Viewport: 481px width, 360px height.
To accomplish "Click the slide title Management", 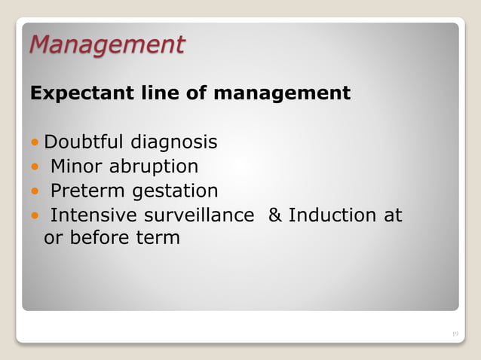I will [x=106, y=45].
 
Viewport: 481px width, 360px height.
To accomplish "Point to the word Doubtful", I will [x=84, y=142].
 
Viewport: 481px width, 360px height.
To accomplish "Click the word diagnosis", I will [x=174, y=142].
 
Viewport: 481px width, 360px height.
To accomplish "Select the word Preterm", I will [x=87, y=191].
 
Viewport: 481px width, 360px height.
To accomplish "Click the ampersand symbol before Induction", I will [x=275, y=215].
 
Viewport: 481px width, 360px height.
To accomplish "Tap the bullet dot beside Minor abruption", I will [x=35, y=166].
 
